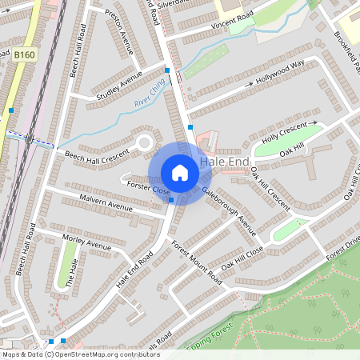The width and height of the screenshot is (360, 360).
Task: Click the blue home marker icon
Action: pos(180,173)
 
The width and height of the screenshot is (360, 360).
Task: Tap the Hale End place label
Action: pos(225,162)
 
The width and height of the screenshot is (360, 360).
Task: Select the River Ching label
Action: pos(150,96)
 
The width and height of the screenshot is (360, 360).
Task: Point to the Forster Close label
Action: pos(150,189)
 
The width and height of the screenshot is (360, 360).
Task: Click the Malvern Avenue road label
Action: pos(106,202)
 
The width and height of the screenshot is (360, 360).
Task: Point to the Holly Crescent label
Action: pos(284,132)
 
